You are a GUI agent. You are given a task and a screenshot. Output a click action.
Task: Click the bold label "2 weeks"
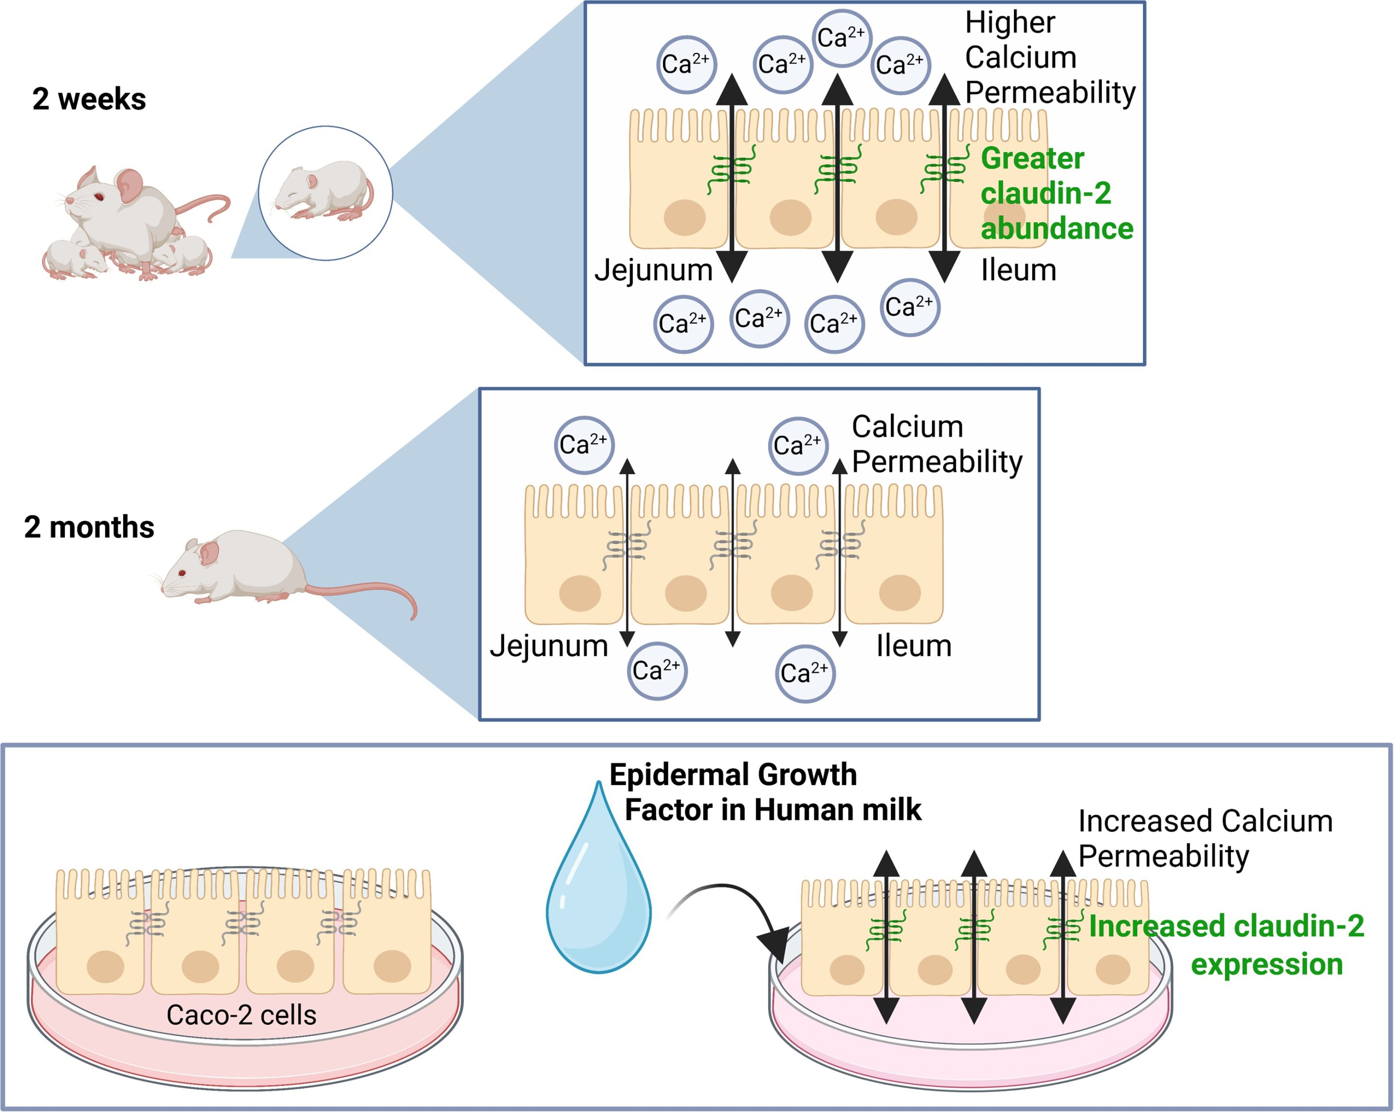(x=89, y=99)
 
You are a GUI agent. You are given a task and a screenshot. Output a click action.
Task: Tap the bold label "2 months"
(x=89, y=527)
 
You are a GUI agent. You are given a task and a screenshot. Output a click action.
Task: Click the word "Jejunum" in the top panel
(x=653, y=270)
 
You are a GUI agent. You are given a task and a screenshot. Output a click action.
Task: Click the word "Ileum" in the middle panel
(x=914, y=646)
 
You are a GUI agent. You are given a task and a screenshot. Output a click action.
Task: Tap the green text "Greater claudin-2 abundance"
(x=1056, y=193)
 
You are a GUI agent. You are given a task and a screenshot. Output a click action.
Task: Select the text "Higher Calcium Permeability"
(x=1050, y=58)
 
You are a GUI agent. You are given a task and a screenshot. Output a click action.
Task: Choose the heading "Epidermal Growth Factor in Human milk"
(x=763, y=792)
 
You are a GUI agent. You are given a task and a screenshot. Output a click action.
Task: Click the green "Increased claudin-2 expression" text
(x=1226, y=944)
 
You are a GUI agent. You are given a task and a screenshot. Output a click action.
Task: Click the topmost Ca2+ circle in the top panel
(x=841, y=37)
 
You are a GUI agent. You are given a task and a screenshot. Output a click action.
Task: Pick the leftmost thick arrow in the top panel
(x=732, y=178)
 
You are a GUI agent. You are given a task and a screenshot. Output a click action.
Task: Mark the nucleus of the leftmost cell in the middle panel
(x=580, y=593)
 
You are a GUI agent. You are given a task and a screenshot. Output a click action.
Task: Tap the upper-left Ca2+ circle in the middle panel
(x=584, y=445)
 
